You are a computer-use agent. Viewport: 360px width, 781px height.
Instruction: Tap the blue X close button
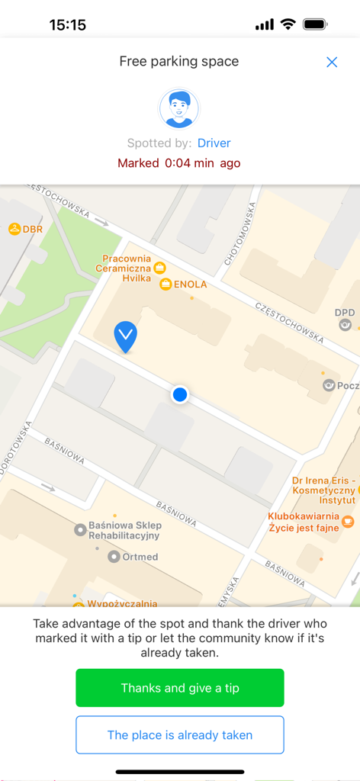pos(332,63)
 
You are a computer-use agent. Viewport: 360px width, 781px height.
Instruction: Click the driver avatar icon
pos(179,108)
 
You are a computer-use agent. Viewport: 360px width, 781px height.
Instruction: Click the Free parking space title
pos(179,62)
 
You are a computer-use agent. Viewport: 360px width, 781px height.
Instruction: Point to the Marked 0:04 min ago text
pos(179,163)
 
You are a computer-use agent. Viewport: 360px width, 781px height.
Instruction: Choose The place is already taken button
pos(180,735)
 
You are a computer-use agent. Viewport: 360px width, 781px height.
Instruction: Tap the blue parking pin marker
pos(125,336)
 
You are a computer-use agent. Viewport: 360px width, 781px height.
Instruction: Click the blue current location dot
pos(180,394)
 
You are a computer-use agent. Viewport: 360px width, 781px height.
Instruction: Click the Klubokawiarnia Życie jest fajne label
pos(308,522)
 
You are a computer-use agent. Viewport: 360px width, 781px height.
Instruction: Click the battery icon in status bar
pos(315,24)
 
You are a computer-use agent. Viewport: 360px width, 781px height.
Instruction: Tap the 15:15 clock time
pos(68,25)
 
